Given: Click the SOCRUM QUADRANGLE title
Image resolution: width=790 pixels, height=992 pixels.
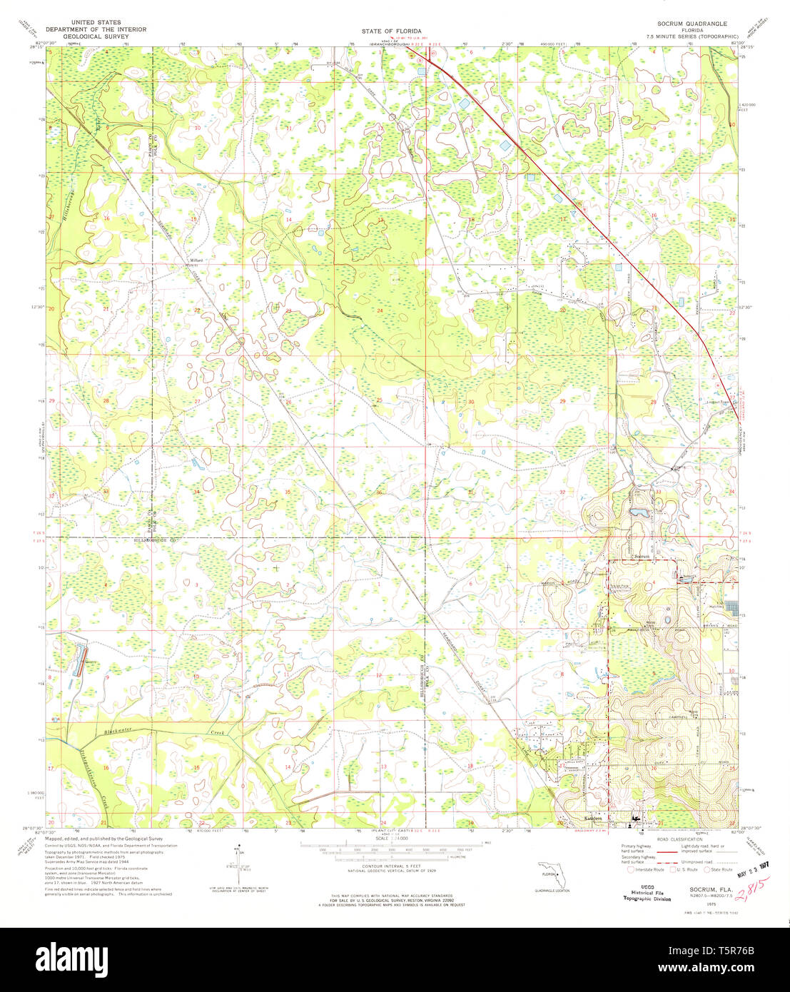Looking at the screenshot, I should [x=687, y=24].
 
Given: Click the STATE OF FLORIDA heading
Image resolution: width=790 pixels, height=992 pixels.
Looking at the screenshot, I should [x=393, y=31].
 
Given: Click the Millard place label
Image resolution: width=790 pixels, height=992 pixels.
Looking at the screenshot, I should [x=196, y=260].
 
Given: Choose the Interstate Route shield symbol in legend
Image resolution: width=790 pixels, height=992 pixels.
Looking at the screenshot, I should [x=630, y=869].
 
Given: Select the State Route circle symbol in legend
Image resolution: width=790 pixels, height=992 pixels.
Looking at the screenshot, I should [x=708, y=869].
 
